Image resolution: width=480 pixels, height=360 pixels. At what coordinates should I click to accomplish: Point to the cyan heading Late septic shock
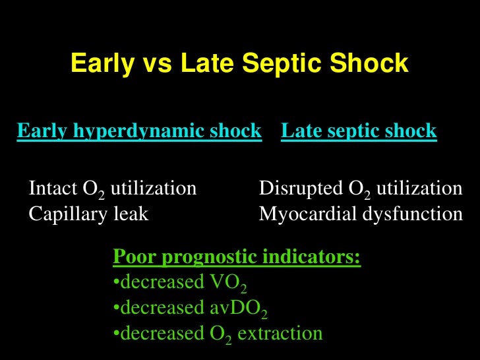359,131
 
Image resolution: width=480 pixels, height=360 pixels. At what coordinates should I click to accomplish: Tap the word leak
128,214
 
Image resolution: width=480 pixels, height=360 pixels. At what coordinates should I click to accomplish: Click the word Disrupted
300,189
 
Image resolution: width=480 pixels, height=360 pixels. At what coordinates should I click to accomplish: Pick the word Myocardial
305,214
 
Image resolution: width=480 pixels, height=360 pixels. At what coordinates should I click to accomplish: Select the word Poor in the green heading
132,256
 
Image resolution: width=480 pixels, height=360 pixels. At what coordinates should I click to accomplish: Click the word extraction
280,334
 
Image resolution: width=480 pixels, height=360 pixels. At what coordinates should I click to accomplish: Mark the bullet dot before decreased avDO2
115,308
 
